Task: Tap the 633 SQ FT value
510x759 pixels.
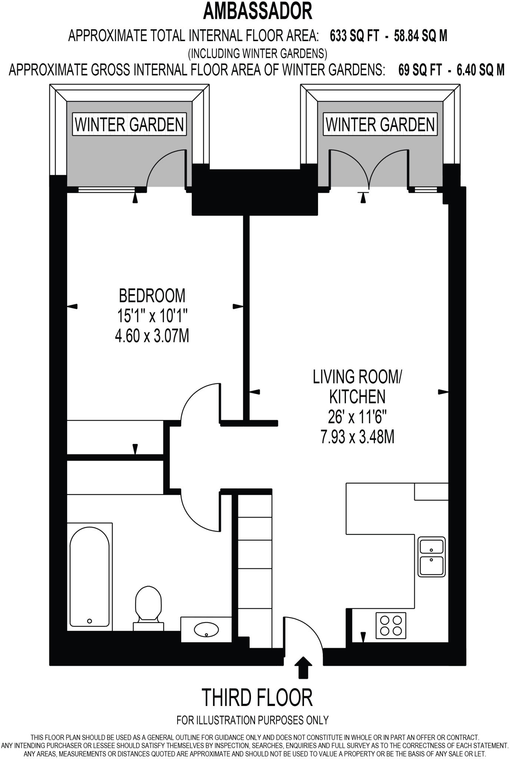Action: tap(354, 36)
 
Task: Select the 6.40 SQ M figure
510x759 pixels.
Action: tap(480, 70)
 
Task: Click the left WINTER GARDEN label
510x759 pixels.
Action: tap(129, 125)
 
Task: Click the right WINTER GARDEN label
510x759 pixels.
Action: tap(380, 125)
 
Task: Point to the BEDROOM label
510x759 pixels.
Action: tap(152, 296)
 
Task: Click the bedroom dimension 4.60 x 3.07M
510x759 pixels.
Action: tap(152, 337)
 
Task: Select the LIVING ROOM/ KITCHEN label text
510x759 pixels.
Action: tap(357, 387)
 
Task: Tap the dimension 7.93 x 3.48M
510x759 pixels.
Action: tap(357, 437)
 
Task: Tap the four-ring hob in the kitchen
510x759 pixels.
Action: tap(391, 625)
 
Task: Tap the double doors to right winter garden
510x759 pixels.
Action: tap(368, 167)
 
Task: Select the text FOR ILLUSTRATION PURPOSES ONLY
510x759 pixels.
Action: tap(252, 720)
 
